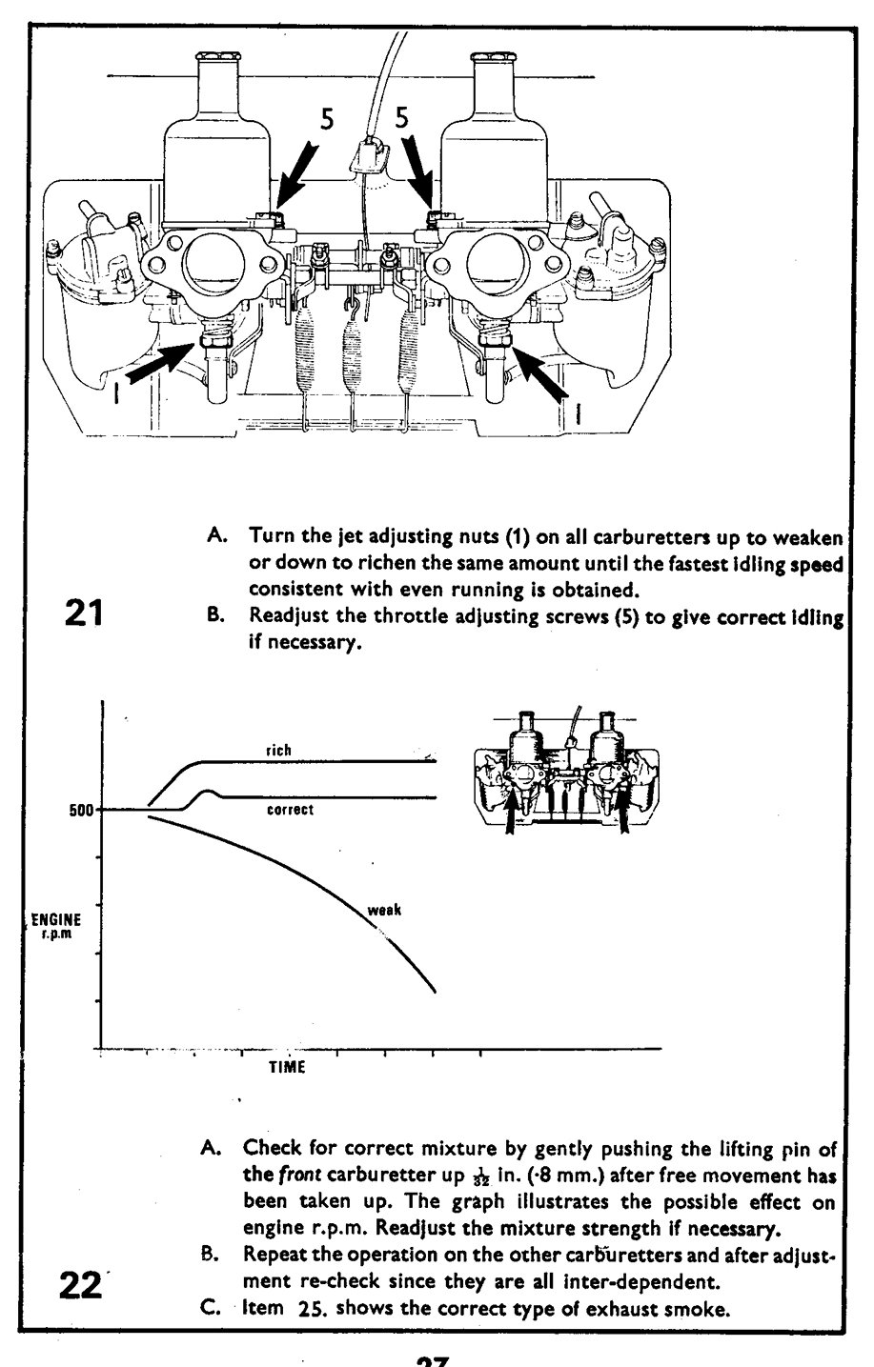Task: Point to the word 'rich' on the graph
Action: (278, 751)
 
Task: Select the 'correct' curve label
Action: (290, 810)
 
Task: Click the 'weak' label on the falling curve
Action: (384, 910)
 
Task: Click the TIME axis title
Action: (286, 1067)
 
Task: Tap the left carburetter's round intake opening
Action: (215, 268)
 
